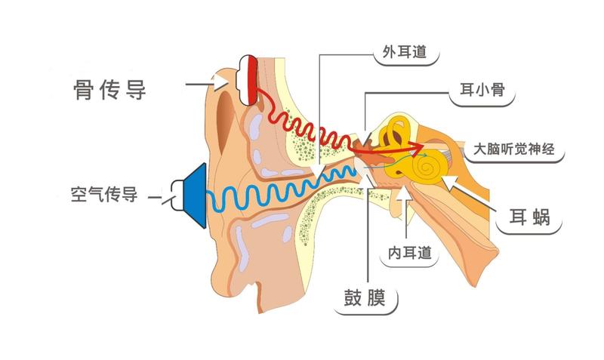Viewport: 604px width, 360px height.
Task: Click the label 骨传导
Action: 109,90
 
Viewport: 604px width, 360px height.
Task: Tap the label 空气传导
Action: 104,195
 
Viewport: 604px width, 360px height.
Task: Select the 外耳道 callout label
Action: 405,52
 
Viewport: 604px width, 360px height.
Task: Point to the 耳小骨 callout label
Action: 482,90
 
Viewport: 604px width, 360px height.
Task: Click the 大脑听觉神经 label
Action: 514,149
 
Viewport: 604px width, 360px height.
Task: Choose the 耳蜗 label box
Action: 530,217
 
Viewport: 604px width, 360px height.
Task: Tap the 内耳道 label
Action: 409,253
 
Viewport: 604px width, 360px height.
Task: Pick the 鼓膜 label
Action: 365,297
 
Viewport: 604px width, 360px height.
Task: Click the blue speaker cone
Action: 195,195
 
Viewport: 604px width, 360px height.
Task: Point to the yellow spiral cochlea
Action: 426,167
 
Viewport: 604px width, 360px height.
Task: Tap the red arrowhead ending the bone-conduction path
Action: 416,146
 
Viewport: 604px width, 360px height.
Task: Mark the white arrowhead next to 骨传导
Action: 221,82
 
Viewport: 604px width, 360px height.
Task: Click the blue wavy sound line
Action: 281,192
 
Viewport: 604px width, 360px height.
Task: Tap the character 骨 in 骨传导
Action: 83,90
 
